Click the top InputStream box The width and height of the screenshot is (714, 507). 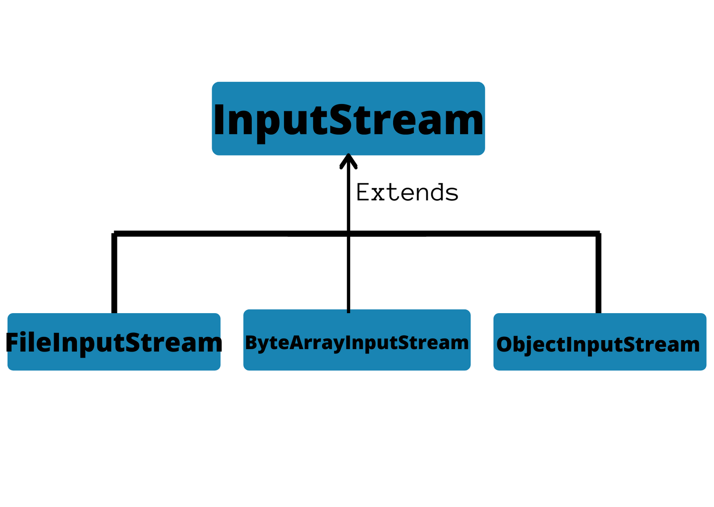348,119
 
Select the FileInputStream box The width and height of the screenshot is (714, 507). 114,342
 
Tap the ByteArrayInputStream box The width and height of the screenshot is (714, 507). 356,340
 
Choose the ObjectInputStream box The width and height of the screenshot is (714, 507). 600,342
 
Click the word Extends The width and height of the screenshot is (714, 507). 407,192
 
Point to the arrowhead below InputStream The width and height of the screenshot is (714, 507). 349,161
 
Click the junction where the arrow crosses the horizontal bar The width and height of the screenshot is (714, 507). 349,233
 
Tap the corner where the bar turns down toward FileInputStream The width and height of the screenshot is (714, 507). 114,233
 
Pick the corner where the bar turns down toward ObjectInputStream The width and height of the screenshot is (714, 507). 598,233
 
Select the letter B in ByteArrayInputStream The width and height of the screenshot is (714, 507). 251,342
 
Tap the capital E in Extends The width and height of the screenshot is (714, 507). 363,192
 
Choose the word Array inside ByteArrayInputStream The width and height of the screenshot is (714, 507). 316,343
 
